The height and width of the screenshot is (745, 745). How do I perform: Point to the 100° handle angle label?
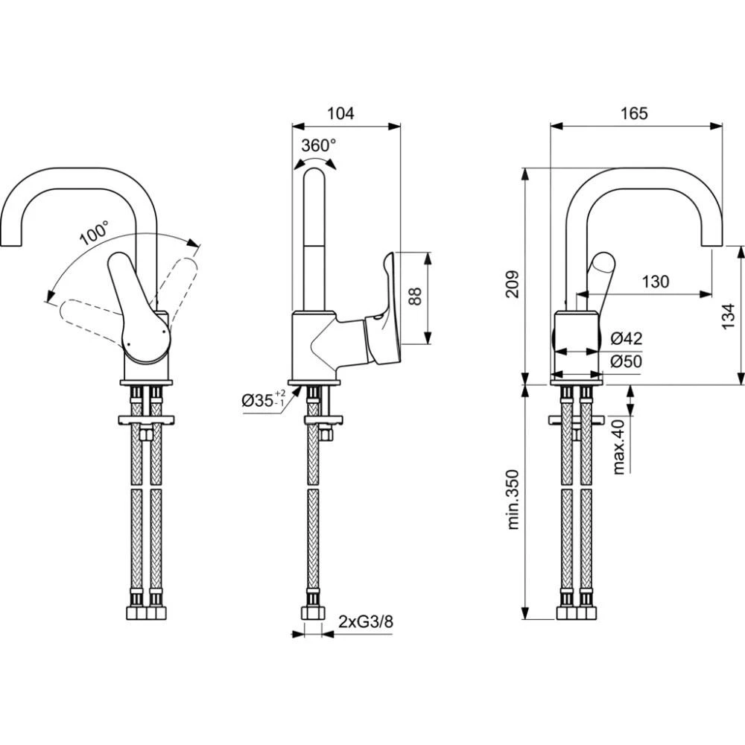94,233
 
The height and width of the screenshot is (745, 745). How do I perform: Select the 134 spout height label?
729,314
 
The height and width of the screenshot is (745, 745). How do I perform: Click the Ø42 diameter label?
626,338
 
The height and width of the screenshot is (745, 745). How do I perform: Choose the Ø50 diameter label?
626,361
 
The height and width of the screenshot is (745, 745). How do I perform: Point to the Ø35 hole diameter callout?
263,401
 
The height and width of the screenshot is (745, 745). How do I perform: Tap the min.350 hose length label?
513,499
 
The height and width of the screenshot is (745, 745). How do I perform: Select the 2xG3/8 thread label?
365,621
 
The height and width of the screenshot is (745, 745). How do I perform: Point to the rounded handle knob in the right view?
602,266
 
